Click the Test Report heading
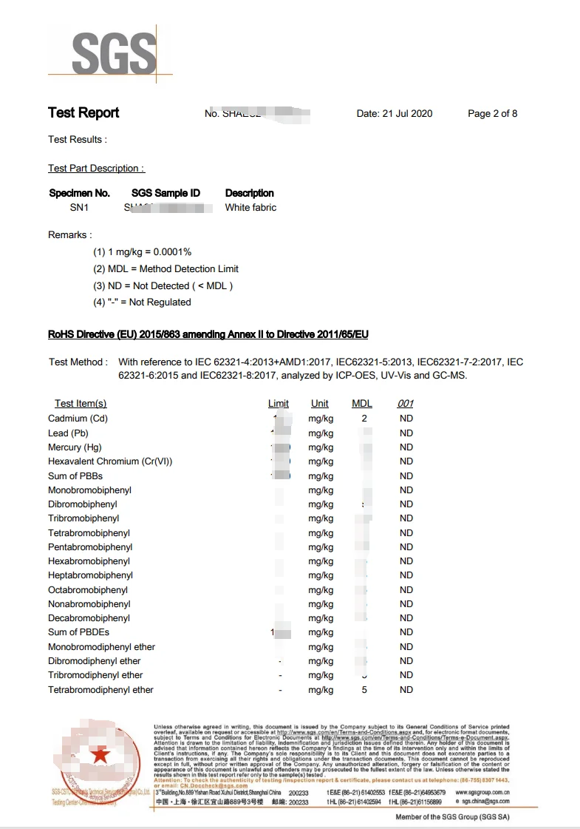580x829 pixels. pos(83,113)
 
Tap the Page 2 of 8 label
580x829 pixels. pos(492,114)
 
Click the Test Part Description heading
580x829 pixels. pos(96,169)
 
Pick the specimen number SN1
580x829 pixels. pos(79,208)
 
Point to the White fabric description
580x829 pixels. pos(250,208)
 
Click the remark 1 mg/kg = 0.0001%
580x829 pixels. pos(142,252)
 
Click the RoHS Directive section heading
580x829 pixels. pos(208,334)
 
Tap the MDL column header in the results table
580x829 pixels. pos(362,404)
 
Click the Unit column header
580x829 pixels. pos(320,404)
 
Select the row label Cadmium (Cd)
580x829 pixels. pos(78,419)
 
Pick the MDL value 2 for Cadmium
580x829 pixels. pos(364,419)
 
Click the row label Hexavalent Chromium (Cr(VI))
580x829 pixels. pos(110,461)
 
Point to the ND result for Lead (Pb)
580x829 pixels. pos(406,433)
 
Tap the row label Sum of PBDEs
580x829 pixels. pos(78,632)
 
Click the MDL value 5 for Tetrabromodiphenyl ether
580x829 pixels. pos(364,690)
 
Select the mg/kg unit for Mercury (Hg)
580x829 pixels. pos(321,447)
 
